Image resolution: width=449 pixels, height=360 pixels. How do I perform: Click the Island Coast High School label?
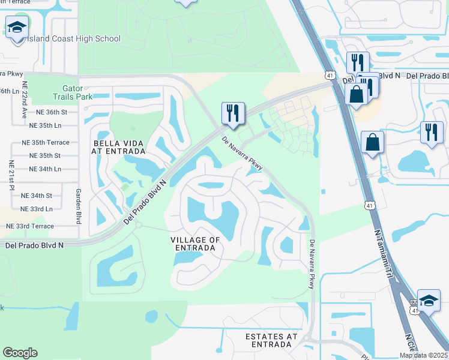tap(74, 39)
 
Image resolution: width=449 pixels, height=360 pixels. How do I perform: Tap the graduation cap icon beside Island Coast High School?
tap(17, 27)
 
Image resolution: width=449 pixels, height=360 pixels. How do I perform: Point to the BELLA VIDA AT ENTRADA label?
tap(116, 147)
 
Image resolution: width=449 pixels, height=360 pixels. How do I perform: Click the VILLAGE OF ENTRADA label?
tap(196, 244)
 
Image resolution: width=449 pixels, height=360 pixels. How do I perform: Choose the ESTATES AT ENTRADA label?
tap(272, 341)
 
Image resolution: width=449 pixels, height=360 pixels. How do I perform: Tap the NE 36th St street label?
tap(52, 112)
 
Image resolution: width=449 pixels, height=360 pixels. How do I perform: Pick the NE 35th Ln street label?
tap(53, 125)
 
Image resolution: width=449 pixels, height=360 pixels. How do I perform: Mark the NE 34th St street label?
tap(37, 196)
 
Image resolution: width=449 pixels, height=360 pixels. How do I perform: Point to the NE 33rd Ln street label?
tap(37, 209)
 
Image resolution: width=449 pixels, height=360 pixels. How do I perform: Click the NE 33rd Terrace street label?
tap(29, 226)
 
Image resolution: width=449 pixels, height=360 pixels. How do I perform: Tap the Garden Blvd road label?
tap(78, 203)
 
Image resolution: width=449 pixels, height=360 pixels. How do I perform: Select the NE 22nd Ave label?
tap(24, 100)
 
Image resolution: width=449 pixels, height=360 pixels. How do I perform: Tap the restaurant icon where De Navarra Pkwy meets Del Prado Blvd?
tap(232, 113)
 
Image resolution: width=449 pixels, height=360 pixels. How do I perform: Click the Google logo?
tap(20, 353)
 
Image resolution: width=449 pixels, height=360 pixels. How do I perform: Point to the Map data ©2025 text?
tap(424, 355)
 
